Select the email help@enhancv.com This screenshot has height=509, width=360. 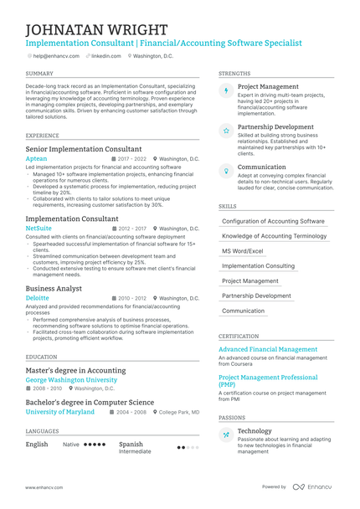tap(56, 55)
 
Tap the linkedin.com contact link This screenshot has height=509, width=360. tap(105, 55)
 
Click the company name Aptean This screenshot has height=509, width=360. tap(37, 158)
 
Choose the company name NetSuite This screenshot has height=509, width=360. tap(39, 228)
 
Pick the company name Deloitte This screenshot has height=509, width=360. tap(38, 297)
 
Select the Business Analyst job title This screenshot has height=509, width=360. tap(54, 288)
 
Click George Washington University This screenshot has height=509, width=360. tap(71, 379)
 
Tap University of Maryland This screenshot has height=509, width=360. tap(59, 412)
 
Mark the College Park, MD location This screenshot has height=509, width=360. tap(178, 412)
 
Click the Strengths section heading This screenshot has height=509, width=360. tap(234, 74)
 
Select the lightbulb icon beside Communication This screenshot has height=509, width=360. tap(226, 171)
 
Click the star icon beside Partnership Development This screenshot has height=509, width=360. tap(226, 131)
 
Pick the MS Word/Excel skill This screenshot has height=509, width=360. tap(242, 251)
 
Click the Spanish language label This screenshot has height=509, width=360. tap(131, 444)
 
